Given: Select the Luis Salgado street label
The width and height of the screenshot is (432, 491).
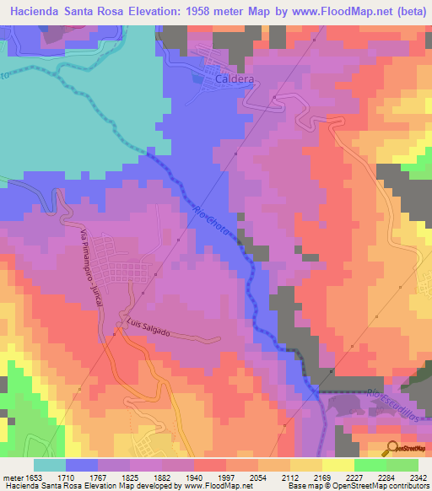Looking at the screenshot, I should coord(148,328).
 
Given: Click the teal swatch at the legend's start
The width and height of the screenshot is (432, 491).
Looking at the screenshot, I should coord(50,465).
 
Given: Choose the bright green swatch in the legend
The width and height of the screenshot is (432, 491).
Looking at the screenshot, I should coord(370,465).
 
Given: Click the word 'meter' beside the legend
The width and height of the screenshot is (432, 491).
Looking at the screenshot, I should coord(11,478).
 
